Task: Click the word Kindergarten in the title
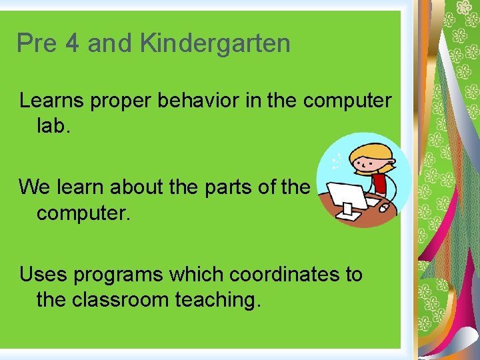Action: pos(215,43)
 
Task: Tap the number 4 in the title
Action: pos(72,43)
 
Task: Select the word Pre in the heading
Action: pos(37,43)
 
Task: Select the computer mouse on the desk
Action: pos(384,207)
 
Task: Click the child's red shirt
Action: pos(381,182)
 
